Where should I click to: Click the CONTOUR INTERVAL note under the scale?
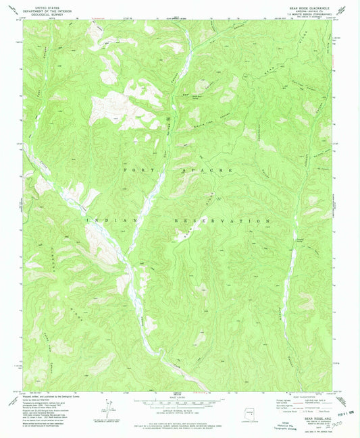pyautogui.click(x=180, y=409)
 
